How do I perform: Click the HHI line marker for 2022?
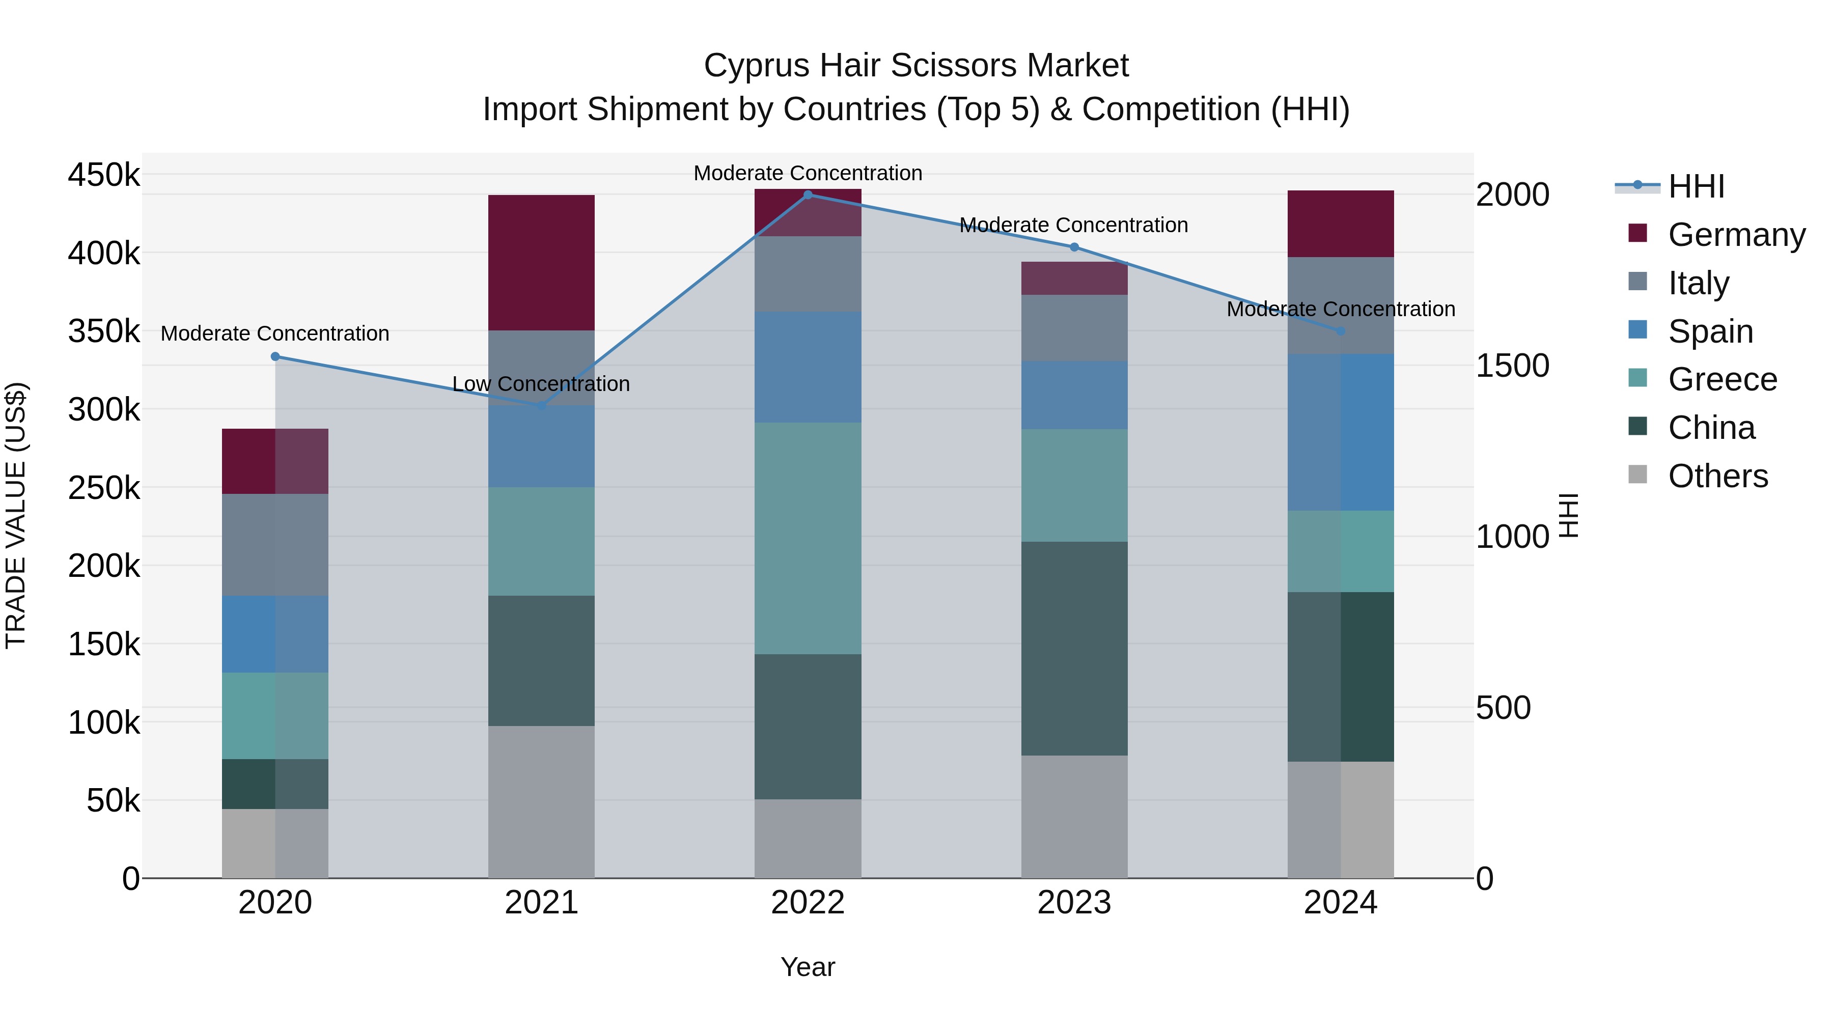click(x=808, y=195)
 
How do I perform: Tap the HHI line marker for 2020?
click(x=275, y=356)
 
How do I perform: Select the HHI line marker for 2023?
click(x=1074, y=247)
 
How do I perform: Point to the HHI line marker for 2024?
click(x=1341, y=331)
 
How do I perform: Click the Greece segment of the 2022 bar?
click(x=808, y=538)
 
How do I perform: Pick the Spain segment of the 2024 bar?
click(x=1341, y=432)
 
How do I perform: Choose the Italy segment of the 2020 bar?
click(x=275, y=544)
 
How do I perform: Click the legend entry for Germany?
click(x=1736, y=235)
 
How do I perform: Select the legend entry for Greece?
click(x=1722, y=379)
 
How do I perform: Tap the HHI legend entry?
click(x=1697, y=186)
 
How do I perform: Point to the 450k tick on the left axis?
click(x=104, y=175)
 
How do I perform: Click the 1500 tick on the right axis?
click(x=1512, y=366)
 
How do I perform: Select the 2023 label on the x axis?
click(x=1074, y=903)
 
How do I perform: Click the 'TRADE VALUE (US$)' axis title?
click(x=16, y=515)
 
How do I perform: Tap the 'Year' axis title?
click(x=808, y=967)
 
